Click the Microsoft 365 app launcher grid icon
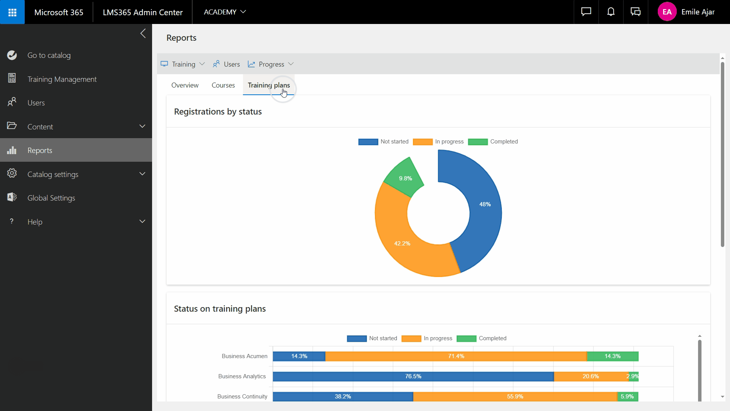[12, 12]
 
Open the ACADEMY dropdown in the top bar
[225, 12]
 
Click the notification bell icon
[611, 12]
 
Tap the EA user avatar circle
[667, 12]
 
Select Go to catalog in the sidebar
[49, 55]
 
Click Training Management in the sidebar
[62, 79]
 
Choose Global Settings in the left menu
[51, 198]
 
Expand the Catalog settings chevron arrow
[142, 174]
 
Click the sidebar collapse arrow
[143, 33]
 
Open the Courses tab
[223, 85]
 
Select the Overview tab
[185, 85]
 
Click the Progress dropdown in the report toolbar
[271, 64]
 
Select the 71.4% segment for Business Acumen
[456, 356]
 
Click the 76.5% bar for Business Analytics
[413, 376]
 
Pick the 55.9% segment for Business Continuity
[515, 397]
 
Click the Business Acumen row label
[244, 356]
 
